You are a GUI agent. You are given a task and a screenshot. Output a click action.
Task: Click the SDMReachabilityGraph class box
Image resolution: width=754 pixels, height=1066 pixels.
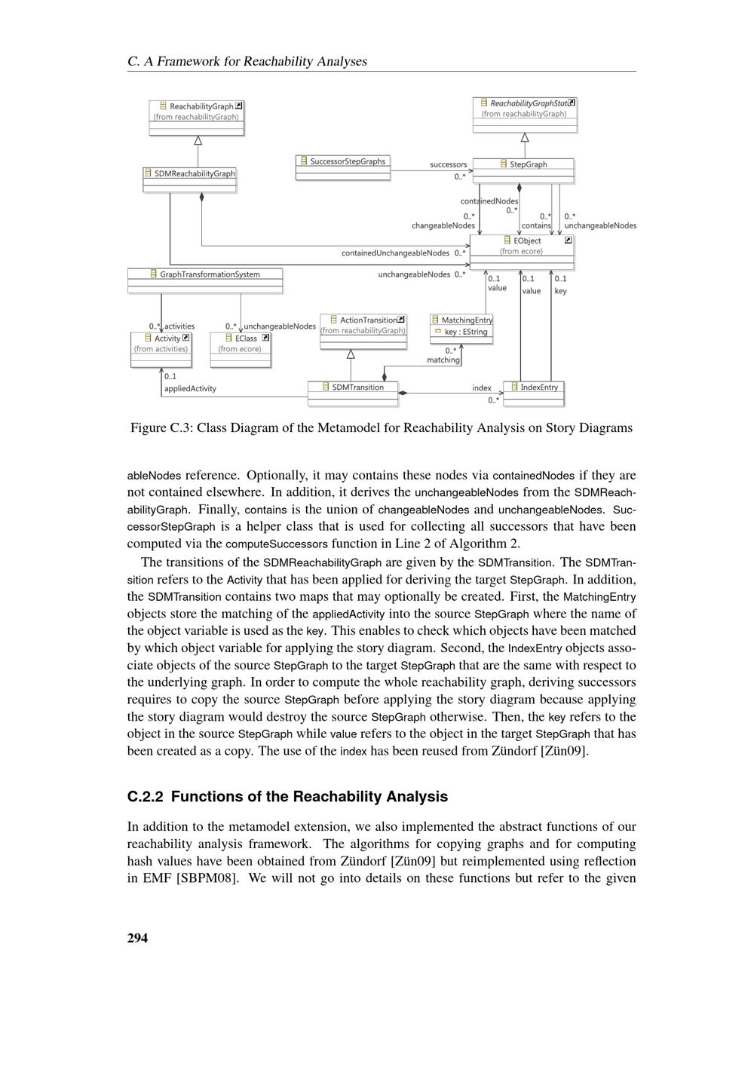pos(190,179)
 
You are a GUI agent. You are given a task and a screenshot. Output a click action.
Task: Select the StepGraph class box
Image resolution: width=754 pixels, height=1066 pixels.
pos(523,170)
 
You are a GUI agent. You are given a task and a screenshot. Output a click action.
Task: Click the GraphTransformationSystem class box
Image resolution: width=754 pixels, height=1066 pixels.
pos(205,280)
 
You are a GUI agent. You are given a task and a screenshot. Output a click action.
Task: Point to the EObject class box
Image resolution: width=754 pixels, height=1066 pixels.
pos(522,251)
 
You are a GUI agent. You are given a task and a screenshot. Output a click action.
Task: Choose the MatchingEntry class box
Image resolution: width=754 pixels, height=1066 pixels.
pos(461,329)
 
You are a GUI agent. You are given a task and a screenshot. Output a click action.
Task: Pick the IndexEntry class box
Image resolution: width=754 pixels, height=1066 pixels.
pos(534,393)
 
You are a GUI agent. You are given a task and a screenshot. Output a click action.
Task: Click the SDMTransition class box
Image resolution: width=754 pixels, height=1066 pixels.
pos(353,393)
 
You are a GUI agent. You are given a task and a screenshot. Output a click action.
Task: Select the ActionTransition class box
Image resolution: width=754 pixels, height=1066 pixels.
pos(363,332)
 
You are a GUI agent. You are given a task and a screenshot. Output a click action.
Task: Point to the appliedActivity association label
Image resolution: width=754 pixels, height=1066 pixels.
pos(190,389)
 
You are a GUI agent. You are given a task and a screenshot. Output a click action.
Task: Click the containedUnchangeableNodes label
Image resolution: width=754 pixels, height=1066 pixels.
pos(395,253)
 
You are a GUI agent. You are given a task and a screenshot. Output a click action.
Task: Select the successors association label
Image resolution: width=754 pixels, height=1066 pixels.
pos(449,164)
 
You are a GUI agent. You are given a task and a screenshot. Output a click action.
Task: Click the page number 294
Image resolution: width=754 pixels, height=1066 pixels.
pos(138,938)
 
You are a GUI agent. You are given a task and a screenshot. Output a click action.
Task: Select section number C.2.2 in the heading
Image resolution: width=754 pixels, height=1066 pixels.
pos(146,797)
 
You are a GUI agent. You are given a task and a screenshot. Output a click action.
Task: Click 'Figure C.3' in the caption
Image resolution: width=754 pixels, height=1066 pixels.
pos(161,428)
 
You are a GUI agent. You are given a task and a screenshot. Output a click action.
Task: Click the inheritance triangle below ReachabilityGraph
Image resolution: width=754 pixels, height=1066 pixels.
pos(198,140)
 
